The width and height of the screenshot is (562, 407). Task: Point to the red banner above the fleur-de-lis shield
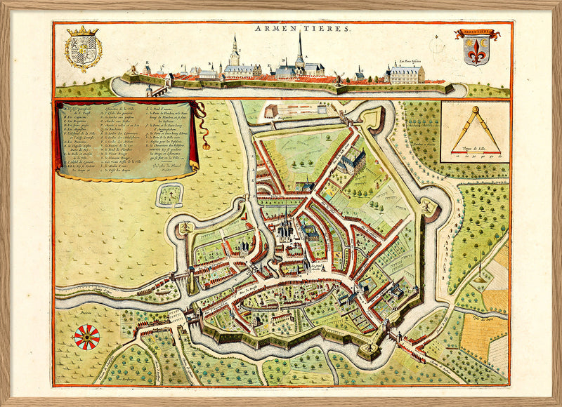(476, 34)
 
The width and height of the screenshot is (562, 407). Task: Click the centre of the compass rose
(86, 338)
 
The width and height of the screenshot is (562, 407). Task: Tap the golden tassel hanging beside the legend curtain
(207, 145)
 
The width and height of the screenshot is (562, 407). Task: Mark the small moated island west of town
(169, 194)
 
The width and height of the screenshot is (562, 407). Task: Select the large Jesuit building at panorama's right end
(406, 74)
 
